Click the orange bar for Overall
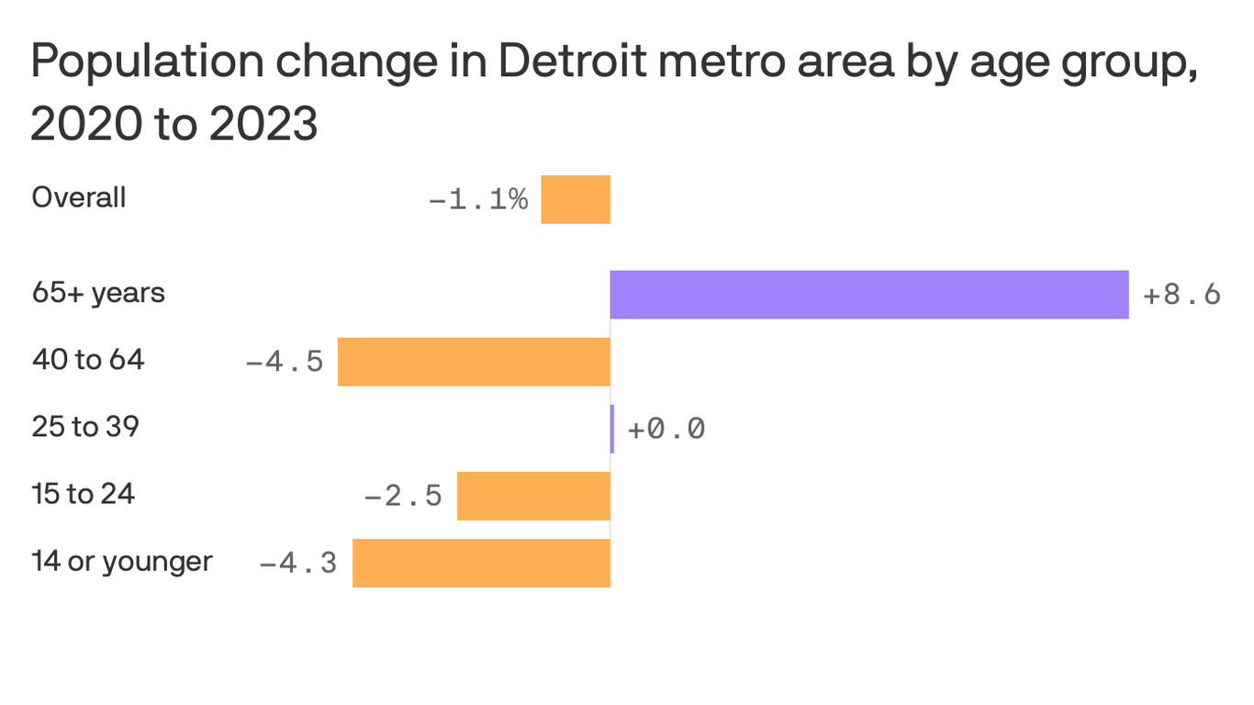(576, 199)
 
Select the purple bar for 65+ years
(868, 295)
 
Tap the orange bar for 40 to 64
(474, 362)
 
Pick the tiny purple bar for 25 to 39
(612, 429)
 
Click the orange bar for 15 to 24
(533, 496)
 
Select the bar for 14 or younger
(481, 563)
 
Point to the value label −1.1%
(478, 200)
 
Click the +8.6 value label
(1181, 295)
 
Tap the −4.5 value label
(285, 362)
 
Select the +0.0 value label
(666, 429)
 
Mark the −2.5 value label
(404, 497)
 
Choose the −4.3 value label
(298, 564)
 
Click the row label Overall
(79, 197)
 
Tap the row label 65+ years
(98, 293)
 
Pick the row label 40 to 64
(88, 360)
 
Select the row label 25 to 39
(85, 427)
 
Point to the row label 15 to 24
(83, 494)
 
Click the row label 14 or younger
(122, 561)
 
